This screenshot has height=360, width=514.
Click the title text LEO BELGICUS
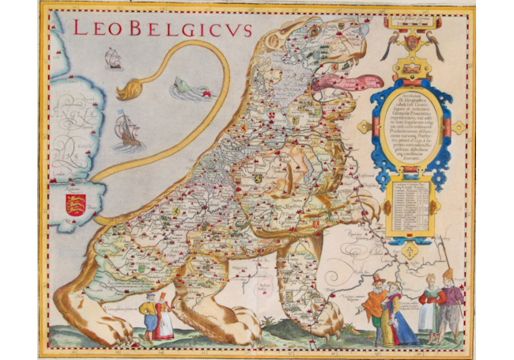(162, 29)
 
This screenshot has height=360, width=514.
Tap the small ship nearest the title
(113, 58)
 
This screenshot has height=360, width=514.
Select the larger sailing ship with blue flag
(127, 130)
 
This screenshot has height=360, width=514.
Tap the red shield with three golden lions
(75, 204)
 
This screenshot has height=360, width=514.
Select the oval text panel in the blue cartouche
(410, 127)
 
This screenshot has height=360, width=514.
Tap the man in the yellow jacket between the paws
(148, 315)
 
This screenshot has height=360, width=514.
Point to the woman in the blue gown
(399, 316)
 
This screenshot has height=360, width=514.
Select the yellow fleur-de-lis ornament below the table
(410, 251)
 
